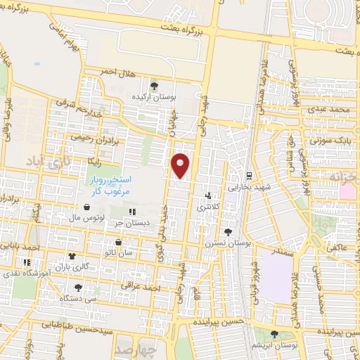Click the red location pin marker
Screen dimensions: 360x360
[x=181, y=166]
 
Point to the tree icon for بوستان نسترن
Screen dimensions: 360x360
[x=226, y=231]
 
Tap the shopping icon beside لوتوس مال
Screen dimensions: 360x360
[x=86, y=207]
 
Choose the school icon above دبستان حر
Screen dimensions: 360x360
[x=131, y=211]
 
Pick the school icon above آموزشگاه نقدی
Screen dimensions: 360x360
[x=27, y=262]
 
